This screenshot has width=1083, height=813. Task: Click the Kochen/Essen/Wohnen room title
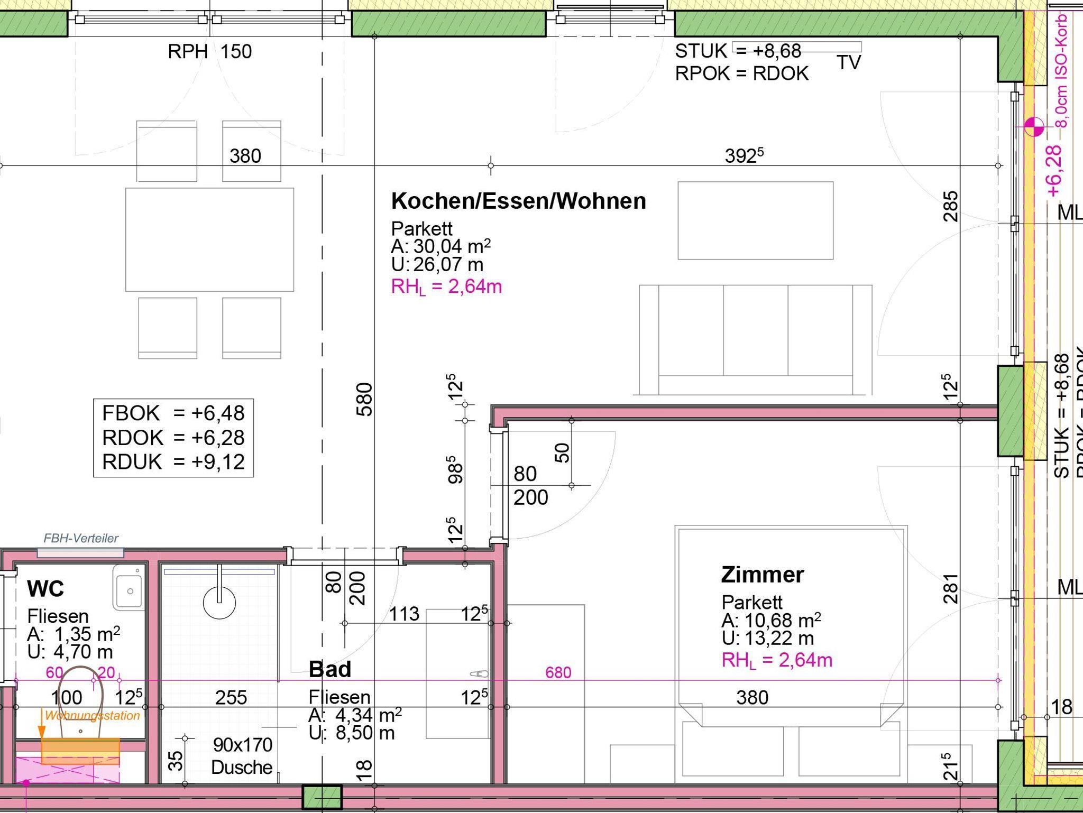tap(518, 201)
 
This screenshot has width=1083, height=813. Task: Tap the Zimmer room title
tap(763, 575)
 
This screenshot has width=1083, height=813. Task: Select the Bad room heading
tap(330, 669)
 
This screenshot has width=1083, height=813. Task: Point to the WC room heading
tap(45, 588)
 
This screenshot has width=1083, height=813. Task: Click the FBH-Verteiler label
tap(81, 538)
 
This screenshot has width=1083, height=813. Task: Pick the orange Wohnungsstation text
tap(93, 716)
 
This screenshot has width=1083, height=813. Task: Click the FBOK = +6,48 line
tap(173, 413)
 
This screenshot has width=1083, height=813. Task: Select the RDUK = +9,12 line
tap(173, 461)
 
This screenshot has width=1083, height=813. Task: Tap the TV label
tap(849, 62)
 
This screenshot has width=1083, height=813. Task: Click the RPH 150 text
tap(210, 52)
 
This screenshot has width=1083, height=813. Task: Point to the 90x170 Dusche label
tap(242, 756)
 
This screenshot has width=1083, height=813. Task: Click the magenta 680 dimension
tap(558, 672)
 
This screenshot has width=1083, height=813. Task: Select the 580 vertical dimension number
tap(365, 400)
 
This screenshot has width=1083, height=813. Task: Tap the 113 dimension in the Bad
tap(405, 614)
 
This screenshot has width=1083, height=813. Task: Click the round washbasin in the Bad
tap(219, 602)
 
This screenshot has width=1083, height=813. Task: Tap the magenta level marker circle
tap(1034, 127)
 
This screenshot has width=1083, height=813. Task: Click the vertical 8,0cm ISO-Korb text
tap(1061, 71)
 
